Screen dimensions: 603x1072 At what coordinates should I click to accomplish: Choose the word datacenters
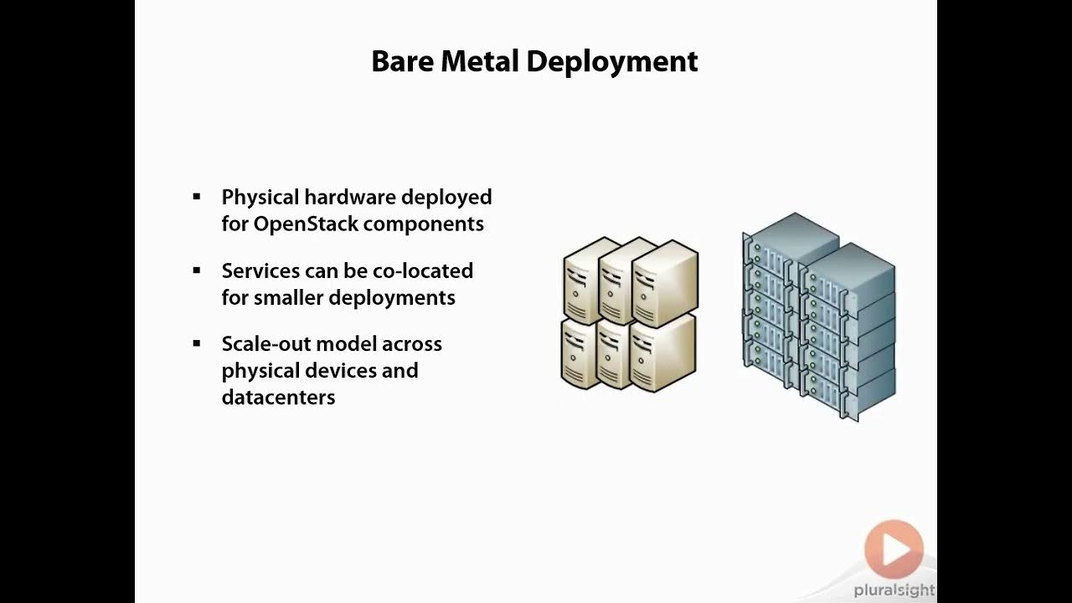pos(278,397)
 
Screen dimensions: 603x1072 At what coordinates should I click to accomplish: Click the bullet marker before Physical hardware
pos(197,197)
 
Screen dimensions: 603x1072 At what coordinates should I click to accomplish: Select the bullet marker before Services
pos(197,271)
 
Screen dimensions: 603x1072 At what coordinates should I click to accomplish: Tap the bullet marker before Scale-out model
pos(197,343)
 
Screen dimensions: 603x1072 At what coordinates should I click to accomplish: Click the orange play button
pos(894,549)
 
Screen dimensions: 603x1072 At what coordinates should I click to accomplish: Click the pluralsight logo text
pos(894,590)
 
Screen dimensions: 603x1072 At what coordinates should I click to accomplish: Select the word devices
pos(340,370)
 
